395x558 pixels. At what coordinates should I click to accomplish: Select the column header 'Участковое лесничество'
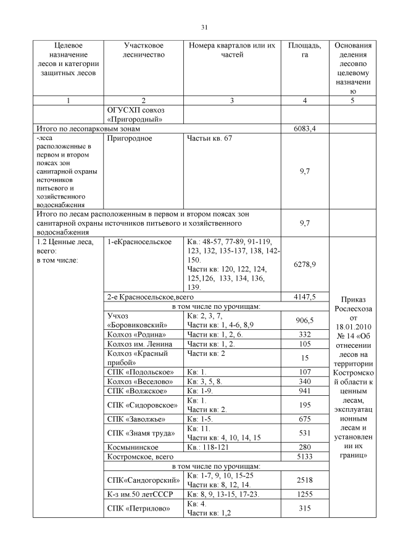click(x=143, y=51)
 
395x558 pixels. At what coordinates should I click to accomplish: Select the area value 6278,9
click(x=305, y=264)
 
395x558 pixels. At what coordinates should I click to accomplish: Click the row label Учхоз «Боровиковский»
click(x=133, y=320)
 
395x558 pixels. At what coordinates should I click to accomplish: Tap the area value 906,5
click(x=305, y=320)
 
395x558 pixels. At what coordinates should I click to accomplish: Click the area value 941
click(x=305, y=390)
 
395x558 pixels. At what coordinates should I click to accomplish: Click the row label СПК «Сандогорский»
click(x=143, y=480)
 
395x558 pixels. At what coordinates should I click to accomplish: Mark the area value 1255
click(x=305, y=494)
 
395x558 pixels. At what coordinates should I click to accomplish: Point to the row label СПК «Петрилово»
click(x=136, y=508)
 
